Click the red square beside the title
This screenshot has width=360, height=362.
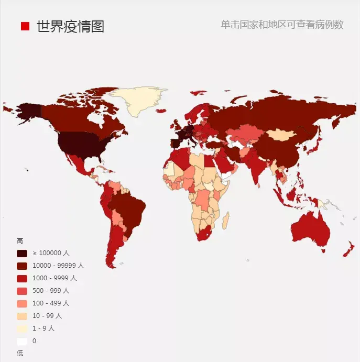25,26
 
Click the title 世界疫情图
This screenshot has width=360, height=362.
70,26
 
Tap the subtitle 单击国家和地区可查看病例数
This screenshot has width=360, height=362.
282,25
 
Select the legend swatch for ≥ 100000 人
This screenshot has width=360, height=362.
22,253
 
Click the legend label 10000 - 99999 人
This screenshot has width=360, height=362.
58,266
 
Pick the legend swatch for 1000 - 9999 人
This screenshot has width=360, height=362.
22,278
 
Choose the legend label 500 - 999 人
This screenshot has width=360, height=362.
51,291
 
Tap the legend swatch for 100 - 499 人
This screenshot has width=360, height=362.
22,303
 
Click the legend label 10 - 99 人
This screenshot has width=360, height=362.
47,316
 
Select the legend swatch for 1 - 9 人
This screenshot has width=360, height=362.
22,328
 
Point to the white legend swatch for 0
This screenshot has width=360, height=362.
22,341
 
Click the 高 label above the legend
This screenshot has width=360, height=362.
20,241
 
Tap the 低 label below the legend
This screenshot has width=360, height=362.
20,353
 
